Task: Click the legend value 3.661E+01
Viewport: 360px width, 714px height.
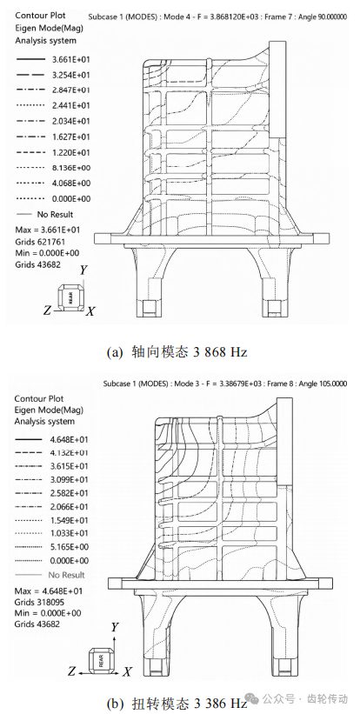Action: coord(71,59)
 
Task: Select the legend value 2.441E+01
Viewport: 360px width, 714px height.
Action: coord(71,105)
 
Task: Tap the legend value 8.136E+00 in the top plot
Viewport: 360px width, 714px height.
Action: coord(71,168)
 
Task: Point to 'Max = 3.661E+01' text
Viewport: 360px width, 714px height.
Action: coord(47,230)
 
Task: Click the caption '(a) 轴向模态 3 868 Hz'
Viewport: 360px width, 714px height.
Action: coord(177,352)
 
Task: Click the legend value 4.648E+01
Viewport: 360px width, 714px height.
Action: coord(70,439)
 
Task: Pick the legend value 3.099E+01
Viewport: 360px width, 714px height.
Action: coord(70,479)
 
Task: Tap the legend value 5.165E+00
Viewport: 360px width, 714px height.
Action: coord(70,547)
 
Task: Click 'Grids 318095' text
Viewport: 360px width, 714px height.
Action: coord(37,602)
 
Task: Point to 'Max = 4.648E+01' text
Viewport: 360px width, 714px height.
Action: coord(48,591)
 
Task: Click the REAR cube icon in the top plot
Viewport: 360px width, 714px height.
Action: coord(70,297)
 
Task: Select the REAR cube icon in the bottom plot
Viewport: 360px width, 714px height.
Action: coord(99,659)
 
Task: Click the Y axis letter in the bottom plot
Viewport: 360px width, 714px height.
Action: coord(115,627)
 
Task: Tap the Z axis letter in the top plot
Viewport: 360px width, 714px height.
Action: coord(47,310)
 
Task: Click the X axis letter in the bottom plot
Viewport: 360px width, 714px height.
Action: coord(128,671)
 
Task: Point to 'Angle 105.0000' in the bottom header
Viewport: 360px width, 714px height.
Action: coord(323,384)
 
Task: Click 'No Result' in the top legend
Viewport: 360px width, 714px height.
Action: coord(55,215)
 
